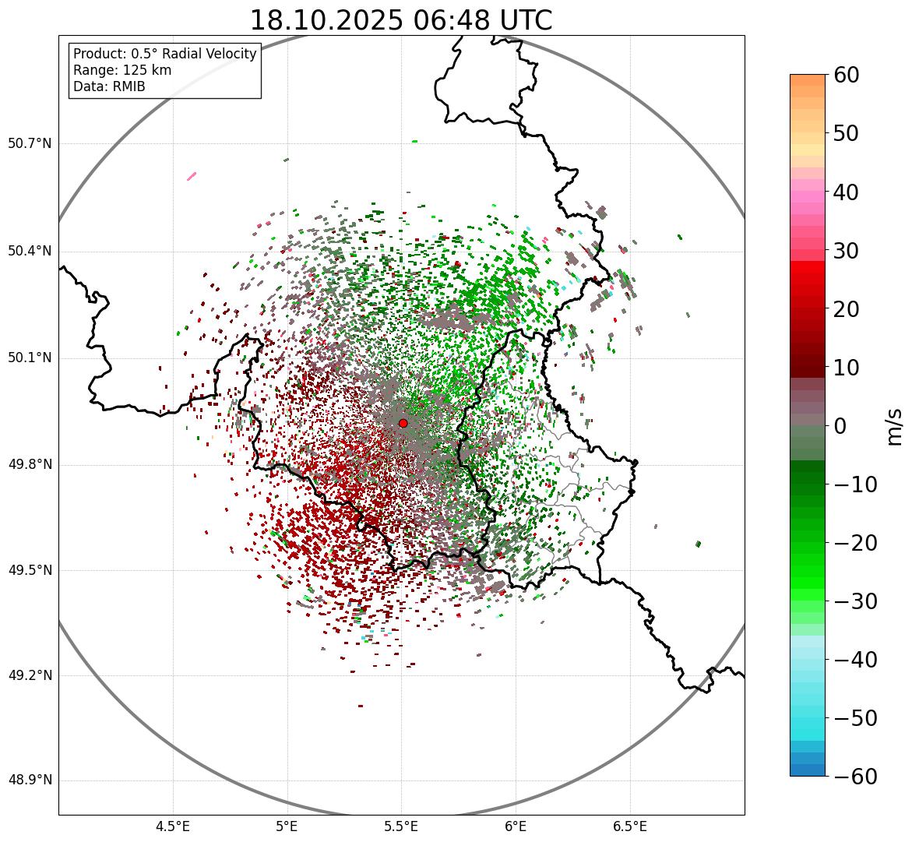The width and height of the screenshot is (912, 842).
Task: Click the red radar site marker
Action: click(403, 423)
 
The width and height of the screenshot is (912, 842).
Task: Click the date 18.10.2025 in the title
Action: click(326, 20)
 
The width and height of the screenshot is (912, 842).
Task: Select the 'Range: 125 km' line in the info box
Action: click(122, 70)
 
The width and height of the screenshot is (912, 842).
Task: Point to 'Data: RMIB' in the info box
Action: click(109, 86)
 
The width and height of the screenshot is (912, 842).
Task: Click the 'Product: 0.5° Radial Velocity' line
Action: click(164, 54)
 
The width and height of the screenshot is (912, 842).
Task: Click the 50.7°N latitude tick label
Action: click(30, 144)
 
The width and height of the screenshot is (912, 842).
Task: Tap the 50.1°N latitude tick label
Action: click(30, 358)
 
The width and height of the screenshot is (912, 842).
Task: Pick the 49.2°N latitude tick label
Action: click(30, 675)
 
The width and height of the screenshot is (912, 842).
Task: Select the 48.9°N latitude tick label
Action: click(30, 780)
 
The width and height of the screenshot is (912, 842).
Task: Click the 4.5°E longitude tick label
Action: click(173, 826)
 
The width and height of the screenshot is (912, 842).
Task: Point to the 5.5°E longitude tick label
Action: click(401, 826)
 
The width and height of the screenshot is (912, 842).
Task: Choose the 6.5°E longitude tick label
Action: click(629, 826)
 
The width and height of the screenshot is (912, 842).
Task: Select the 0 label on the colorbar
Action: click(840, 426)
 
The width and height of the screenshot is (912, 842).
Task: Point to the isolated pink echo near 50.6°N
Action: click(192, 176)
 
